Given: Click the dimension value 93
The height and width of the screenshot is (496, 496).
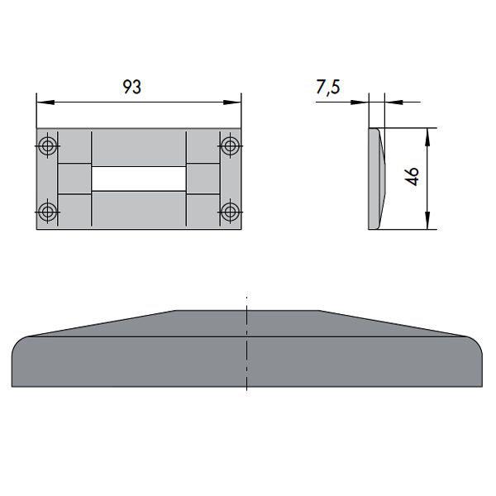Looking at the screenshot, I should click(131, 88).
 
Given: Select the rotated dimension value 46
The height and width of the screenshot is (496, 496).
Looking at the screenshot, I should click(413, 178).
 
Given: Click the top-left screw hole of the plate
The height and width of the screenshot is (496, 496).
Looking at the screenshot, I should click(49, 146).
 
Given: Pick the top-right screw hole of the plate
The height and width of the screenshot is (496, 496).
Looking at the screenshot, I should click(229, 146).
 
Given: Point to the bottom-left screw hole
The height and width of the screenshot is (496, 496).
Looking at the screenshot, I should click(49, 211).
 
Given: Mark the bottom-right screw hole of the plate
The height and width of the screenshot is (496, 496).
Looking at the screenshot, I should click(229, 211).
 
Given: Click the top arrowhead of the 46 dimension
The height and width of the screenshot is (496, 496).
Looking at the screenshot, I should click(427, 133).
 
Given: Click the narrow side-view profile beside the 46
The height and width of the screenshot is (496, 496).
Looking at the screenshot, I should click(374, 179).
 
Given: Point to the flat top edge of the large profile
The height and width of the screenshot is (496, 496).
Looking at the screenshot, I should click(247, 312).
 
